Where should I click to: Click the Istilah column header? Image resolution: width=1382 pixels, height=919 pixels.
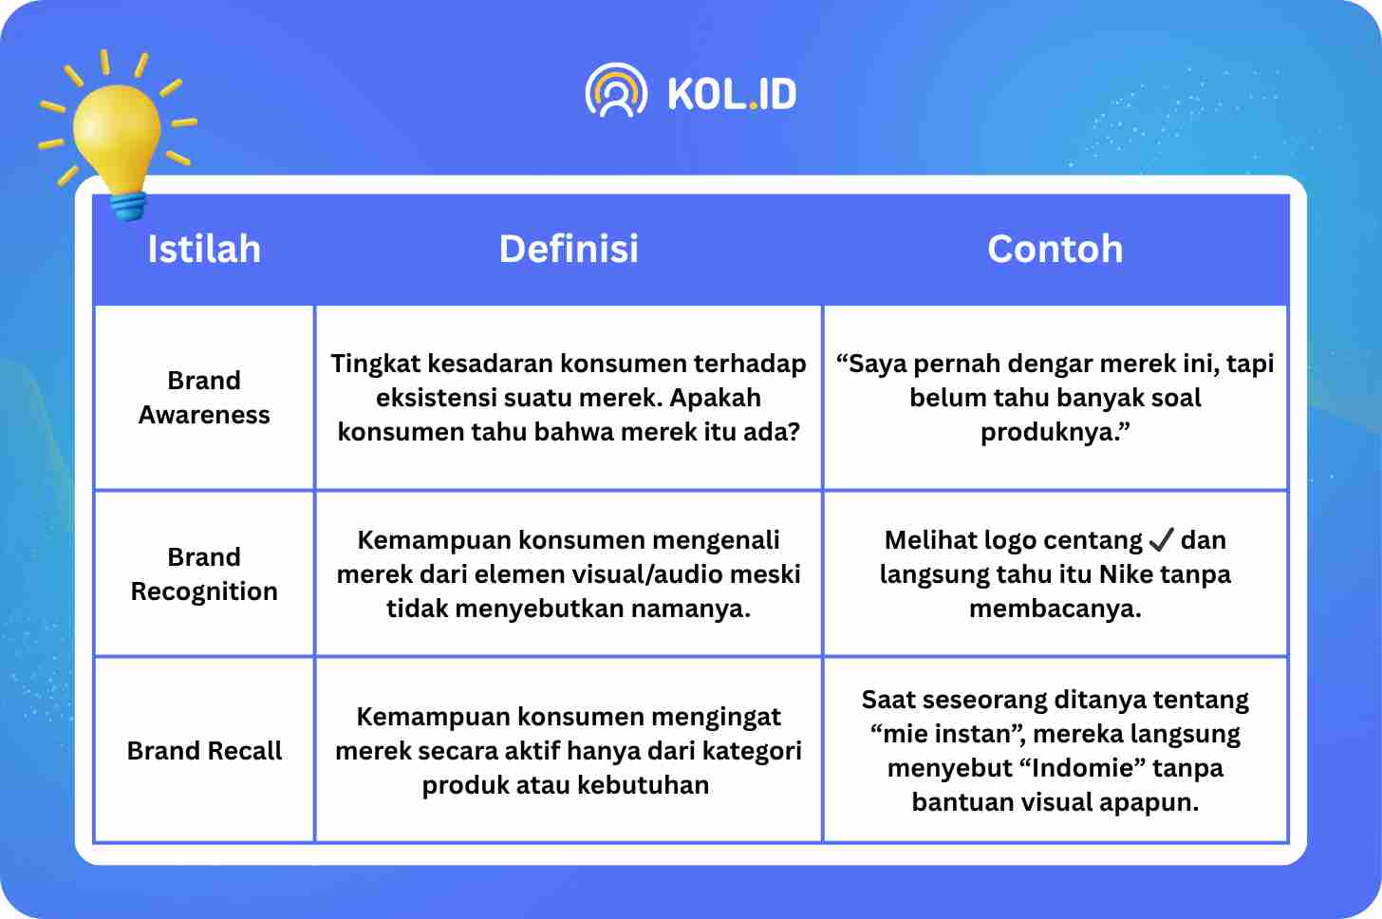pos(203,249)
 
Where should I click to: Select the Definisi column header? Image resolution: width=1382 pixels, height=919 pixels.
pos(569,249)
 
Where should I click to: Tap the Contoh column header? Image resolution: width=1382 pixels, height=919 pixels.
pos(1055,249)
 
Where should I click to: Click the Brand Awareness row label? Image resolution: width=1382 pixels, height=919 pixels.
pos(204,398)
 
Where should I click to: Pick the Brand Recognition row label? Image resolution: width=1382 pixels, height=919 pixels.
pos(204,574)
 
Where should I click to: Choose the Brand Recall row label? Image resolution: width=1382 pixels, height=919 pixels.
pos(204,751)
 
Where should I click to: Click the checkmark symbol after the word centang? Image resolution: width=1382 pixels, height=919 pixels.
pos(1161,539)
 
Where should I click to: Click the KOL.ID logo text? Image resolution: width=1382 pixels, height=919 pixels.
pos(733,94)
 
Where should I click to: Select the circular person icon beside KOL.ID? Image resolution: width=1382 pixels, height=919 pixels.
pos(616,90)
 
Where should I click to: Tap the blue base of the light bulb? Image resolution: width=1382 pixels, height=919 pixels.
pos(129,205)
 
